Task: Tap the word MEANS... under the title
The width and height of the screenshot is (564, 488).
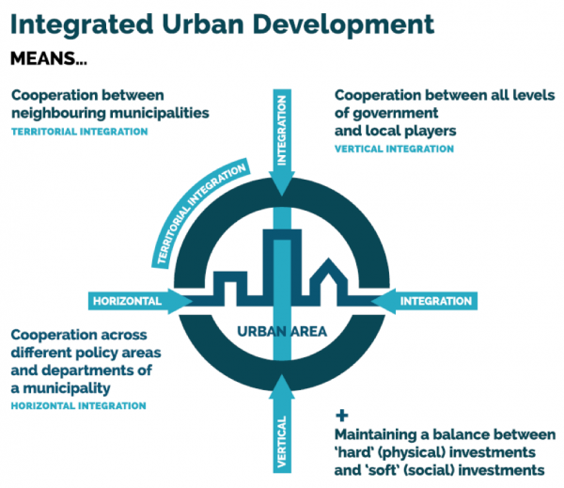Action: click(x=49, y=58)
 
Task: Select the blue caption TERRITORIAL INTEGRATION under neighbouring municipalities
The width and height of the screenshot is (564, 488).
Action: click(x=80, y=132)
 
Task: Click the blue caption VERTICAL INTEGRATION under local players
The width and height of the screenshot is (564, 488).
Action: click(x=394, y=149)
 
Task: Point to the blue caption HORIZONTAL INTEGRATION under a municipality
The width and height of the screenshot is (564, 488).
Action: click(x=78, y=406)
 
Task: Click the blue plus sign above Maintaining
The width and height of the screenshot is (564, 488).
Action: click(x=342, y=416)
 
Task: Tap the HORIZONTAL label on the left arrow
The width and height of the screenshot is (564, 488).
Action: click(x=127, y=301)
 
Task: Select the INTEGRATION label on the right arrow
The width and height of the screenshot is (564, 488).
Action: click(x=436, y=301)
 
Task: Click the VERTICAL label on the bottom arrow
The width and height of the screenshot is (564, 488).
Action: click(x=282, y=442)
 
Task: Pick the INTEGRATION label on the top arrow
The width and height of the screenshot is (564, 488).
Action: click(x=282, y=131)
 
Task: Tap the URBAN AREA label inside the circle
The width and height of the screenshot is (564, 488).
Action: click(x=282, y=332)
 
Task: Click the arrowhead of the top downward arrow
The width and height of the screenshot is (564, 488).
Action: click(x=282, y=183)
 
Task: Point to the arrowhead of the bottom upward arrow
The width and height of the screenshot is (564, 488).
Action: click(x=282, y=386)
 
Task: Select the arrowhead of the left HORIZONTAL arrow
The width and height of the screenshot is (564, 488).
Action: click(x=180, y=301)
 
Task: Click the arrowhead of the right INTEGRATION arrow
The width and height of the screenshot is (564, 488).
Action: click(x=384, y=301)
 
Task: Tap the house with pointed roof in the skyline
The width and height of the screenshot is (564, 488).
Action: click(x=328, y=282)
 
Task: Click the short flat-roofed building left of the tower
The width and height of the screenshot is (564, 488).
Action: click(x=230, y=289)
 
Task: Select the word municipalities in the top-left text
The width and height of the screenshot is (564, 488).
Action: click(x=160, y=114)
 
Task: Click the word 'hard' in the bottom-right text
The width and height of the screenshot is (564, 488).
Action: click(x=355, y=452)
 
